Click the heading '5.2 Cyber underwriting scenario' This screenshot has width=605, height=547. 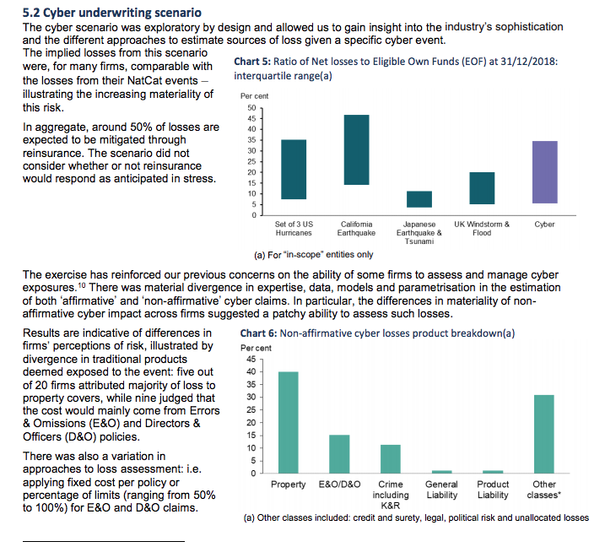pos(112,13)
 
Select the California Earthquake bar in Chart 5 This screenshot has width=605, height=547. pos(357,149)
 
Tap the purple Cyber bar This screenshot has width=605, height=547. pos(545,172)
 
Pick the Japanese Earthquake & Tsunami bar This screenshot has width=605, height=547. pos(419,199)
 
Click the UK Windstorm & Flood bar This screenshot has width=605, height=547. pos(482,188)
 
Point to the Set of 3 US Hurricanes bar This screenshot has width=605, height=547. pos(294,170)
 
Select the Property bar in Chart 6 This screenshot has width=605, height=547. pos(289,422)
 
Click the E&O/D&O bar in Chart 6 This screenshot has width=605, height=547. pos(339,454)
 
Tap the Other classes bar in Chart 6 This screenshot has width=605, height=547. pos(544,434)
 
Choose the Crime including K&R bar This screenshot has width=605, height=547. pos(391,459)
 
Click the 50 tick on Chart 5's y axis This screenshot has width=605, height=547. pos(252,108)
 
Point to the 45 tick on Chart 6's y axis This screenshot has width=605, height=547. pos(251,359)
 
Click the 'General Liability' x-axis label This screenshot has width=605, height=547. pos(442,490)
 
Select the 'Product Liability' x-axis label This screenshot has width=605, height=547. pos(493,490)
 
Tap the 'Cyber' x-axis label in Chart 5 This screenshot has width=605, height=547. pos(544,225)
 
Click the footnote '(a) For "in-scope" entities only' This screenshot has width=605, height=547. pos(314,255)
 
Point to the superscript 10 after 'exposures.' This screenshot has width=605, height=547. pos(81,285)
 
